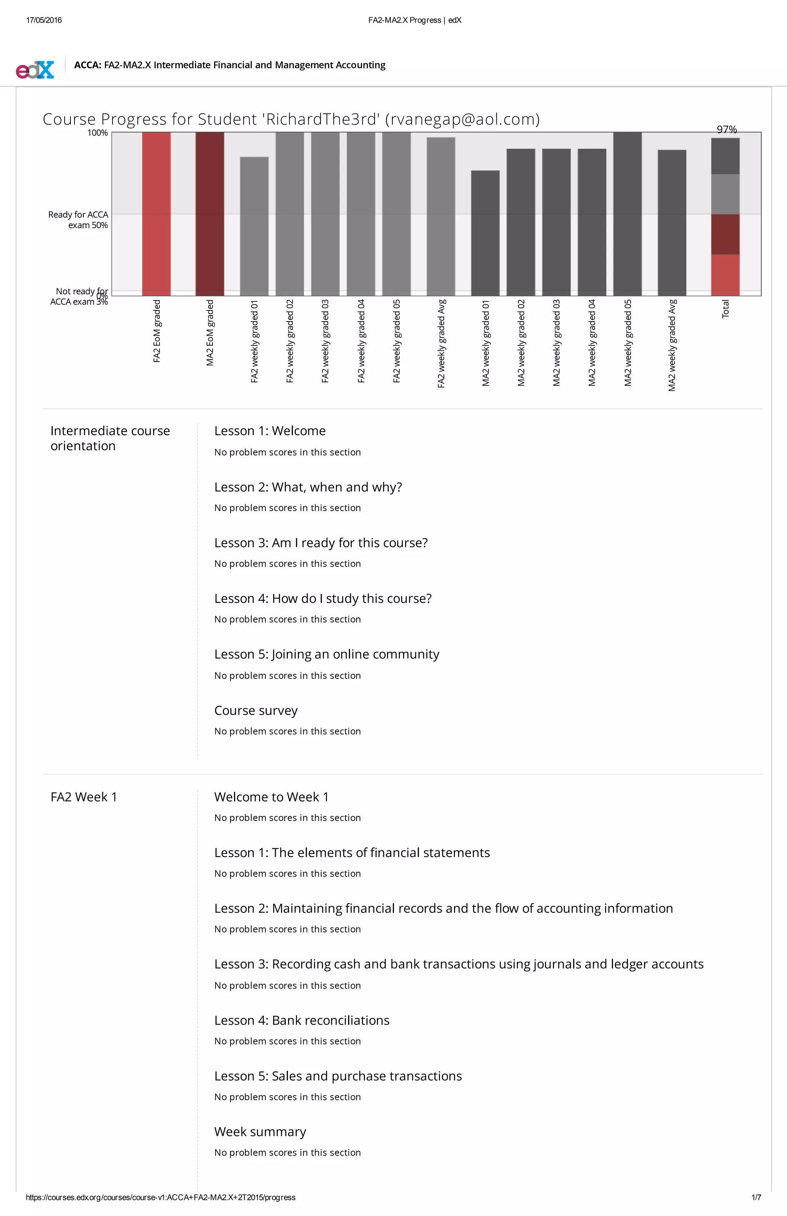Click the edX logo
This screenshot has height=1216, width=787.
pyautogui.click(x=35, y=70)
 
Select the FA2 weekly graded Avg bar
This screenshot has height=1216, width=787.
pyautogui.click(x=440, y=217)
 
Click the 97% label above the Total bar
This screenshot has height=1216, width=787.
pyautogui.click(x=726, y=129)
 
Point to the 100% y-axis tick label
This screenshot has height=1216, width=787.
pyautogui.click(x=98, y=133)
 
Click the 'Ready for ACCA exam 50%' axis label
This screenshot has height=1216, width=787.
pyautogui.click(x=78, y=220)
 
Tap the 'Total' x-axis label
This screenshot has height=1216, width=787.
pyautogui.click(x=725, y=309)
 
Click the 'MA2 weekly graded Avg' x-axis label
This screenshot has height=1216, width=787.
pyautogui.click(x=672, y=345)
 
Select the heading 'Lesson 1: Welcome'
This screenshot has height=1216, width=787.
pyautogui.click(x=270, y=431)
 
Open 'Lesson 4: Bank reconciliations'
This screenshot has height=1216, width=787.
pyautogui.click(x=302, y=1020)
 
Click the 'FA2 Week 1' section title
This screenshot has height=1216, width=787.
pyautogui.click(x=84, y=797)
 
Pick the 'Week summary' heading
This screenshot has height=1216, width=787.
pyautogui.click(x=260, y=1132)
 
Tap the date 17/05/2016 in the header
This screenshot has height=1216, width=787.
pyautogui.click(x=44, y=20)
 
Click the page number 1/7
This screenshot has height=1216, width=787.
pyautogui.click(x=756, y=1197)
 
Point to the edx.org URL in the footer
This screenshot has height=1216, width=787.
pyautogui.click(x=161, y=1197)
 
